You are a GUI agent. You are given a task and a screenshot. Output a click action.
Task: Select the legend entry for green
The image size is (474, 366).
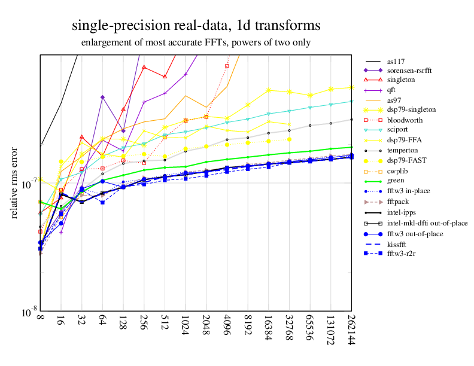pyautogui.click(x=396, y=180)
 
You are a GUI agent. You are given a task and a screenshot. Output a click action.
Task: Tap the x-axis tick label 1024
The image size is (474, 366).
pyautogui.click(x=185, y=327)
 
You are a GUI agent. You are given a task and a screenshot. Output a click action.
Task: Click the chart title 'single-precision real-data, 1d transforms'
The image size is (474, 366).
pyautogui.click(x=196, y=26)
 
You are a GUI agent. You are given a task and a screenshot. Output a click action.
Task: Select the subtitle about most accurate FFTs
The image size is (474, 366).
pyautogui.click(x=196, y=43)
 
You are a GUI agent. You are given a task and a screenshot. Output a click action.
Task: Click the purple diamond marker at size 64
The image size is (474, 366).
pyautogui.click(x=103, y=97)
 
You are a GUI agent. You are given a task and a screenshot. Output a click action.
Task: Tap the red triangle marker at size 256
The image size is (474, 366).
pyautogui.click(x=144, y=67)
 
